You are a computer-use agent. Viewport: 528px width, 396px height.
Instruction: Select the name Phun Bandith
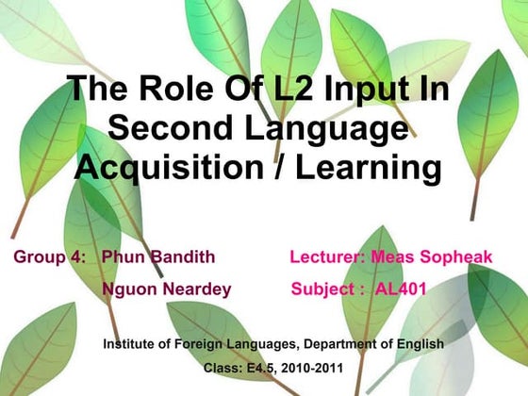(x=158, y=256)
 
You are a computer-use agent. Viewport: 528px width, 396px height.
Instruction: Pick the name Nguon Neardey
(x=166, y=289)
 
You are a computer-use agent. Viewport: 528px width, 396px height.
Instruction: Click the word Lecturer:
(x=327, y=256)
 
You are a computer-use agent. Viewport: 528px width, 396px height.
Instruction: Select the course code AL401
(x=402, y=289)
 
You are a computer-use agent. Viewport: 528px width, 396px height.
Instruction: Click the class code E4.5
(x=256, y=367)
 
